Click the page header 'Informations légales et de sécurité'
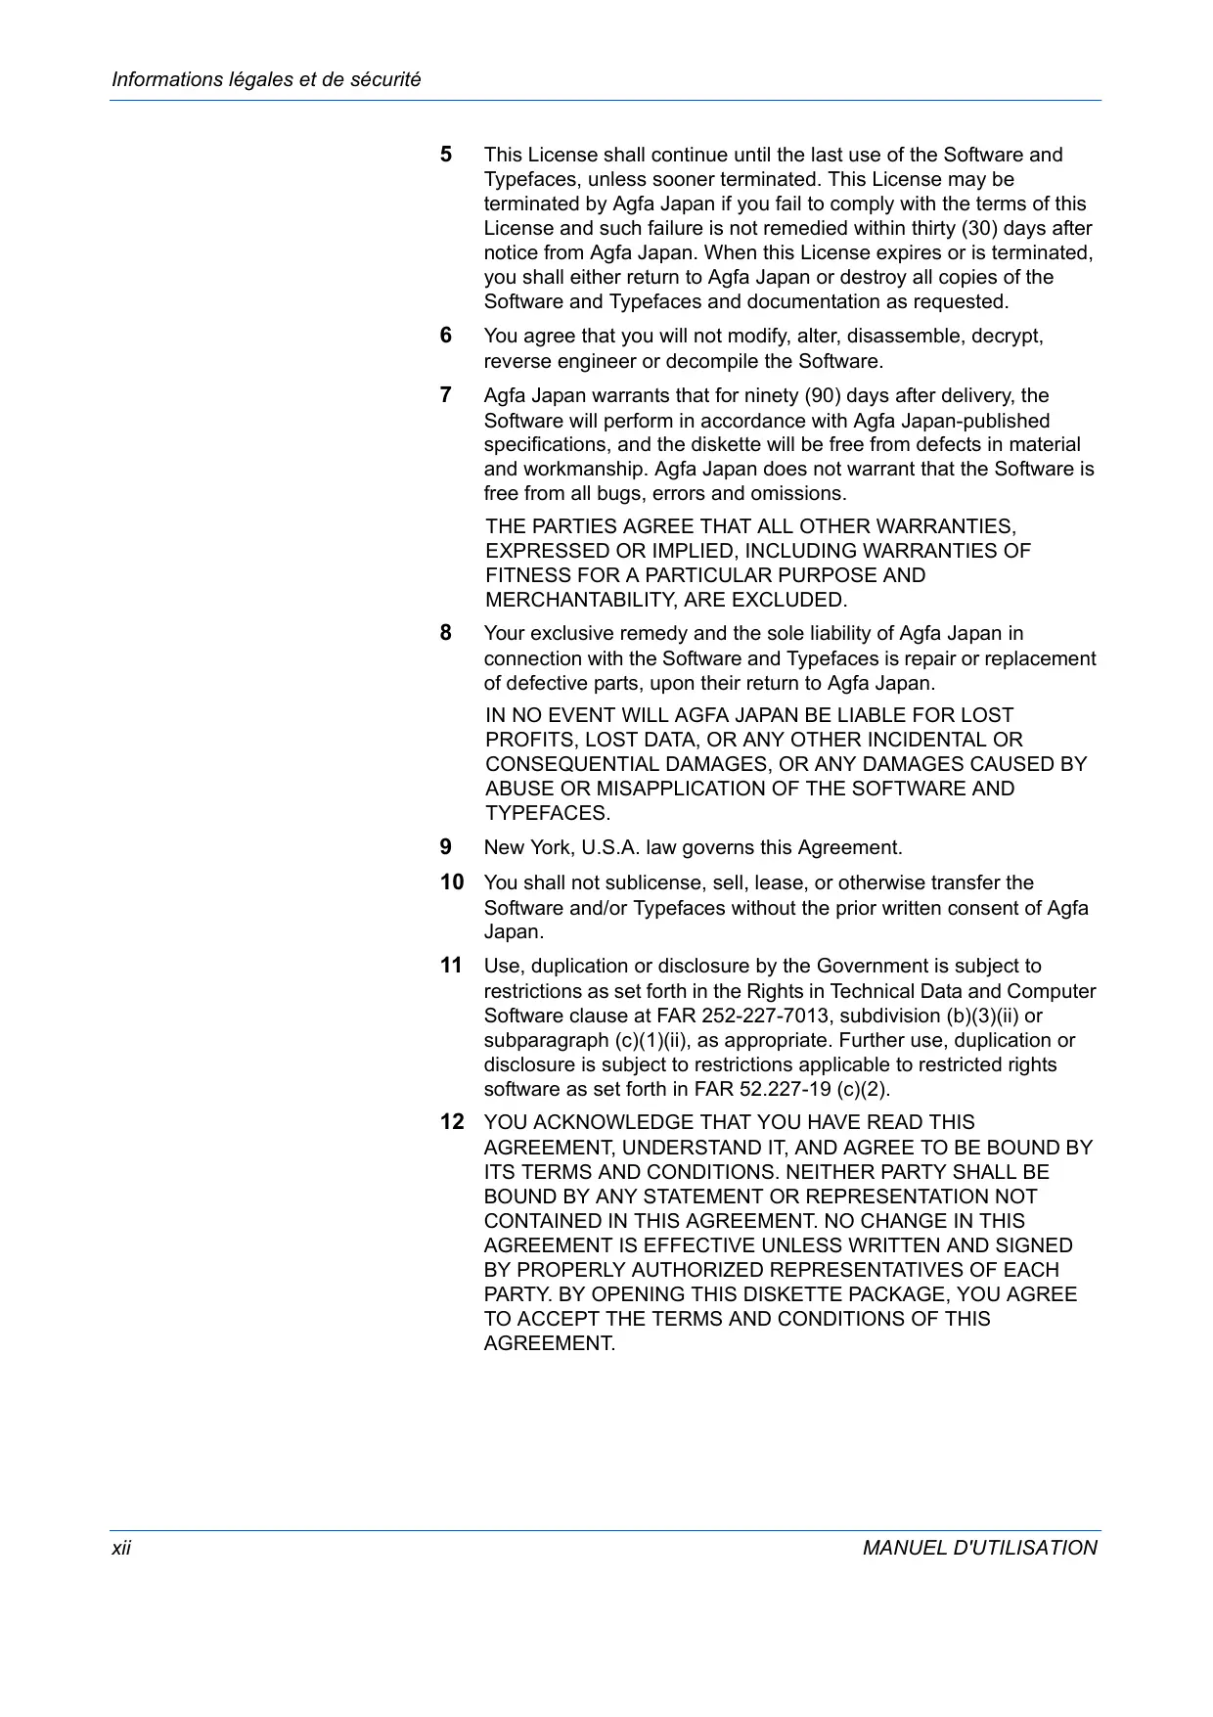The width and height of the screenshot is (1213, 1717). pyautogui.click(x=266, y=79)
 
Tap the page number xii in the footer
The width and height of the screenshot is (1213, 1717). pyautogui.click(x=121, y=1547)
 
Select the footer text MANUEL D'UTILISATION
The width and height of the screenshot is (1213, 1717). pyautogui.click(x=979, y=1547)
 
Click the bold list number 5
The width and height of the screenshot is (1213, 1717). pyautogui.click(x=446, y=155)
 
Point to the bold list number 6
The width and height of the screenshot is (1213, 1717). pyautogui.click(x=446, y=336)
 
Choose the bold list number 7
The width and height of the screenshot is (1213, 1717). pyautogui.click(x=446, y=395)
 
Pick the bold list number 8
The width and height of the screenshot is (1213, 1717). pyautogui.click(x=446, y=633)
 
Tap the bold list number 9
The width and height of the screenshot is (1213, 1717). pyautogui.click(x=446, y=847)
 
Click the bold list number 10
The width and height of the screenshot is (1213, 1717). pyautogui.click(x=452, y=882)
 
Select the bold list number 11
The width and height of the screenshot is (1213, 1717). pyautogui.click(x=451, y=966)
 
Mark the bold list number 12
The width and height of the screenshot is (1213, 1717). pyautogui.click(x=452, y=1122)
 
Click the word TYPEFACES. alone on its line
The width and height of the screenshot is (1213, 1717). pyautogui.click(x=548, y=813)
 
